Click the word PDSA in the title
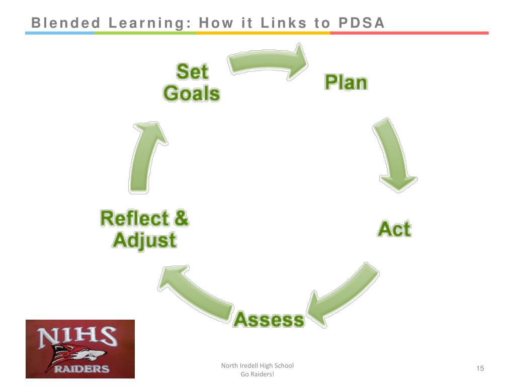361,23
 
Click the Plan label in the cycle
346,82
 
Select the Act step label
394,229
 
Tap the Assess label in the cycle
269,320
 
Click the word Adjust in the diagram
144,240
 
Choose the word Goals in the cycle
192,93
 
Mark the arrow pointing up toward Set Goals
146,156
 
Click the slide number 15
480,369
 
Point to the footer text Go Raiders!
257,374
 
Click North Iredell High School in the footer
257,366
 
